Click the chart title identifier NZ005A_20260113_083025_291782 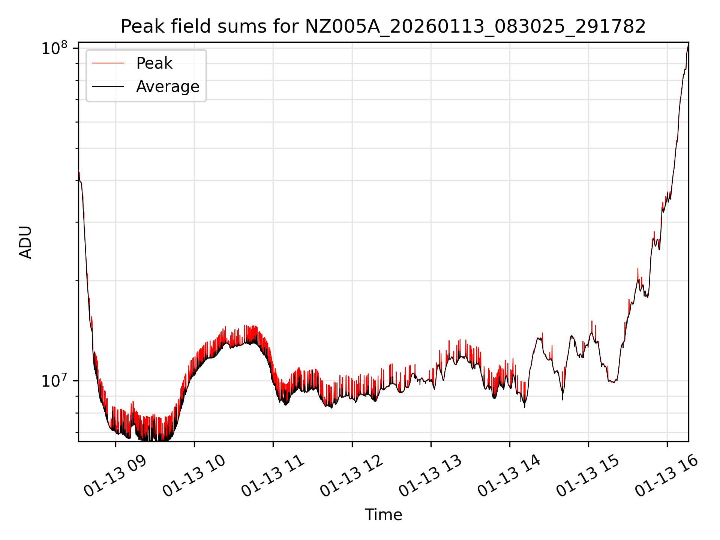pos(475,27)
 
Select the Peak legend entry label pos(154,63)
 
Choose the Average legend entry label pos(168,87)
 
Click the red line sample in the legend pos(108,63)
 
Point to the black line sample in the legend pos(108,87)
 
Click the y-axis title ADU pos(25,242)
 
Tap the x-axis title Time pos(383,515)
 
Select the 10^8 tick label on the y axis pos(54,48)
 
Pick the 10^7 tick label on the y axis pos(54,381)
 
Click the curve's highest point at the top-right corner pos(688,43)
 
